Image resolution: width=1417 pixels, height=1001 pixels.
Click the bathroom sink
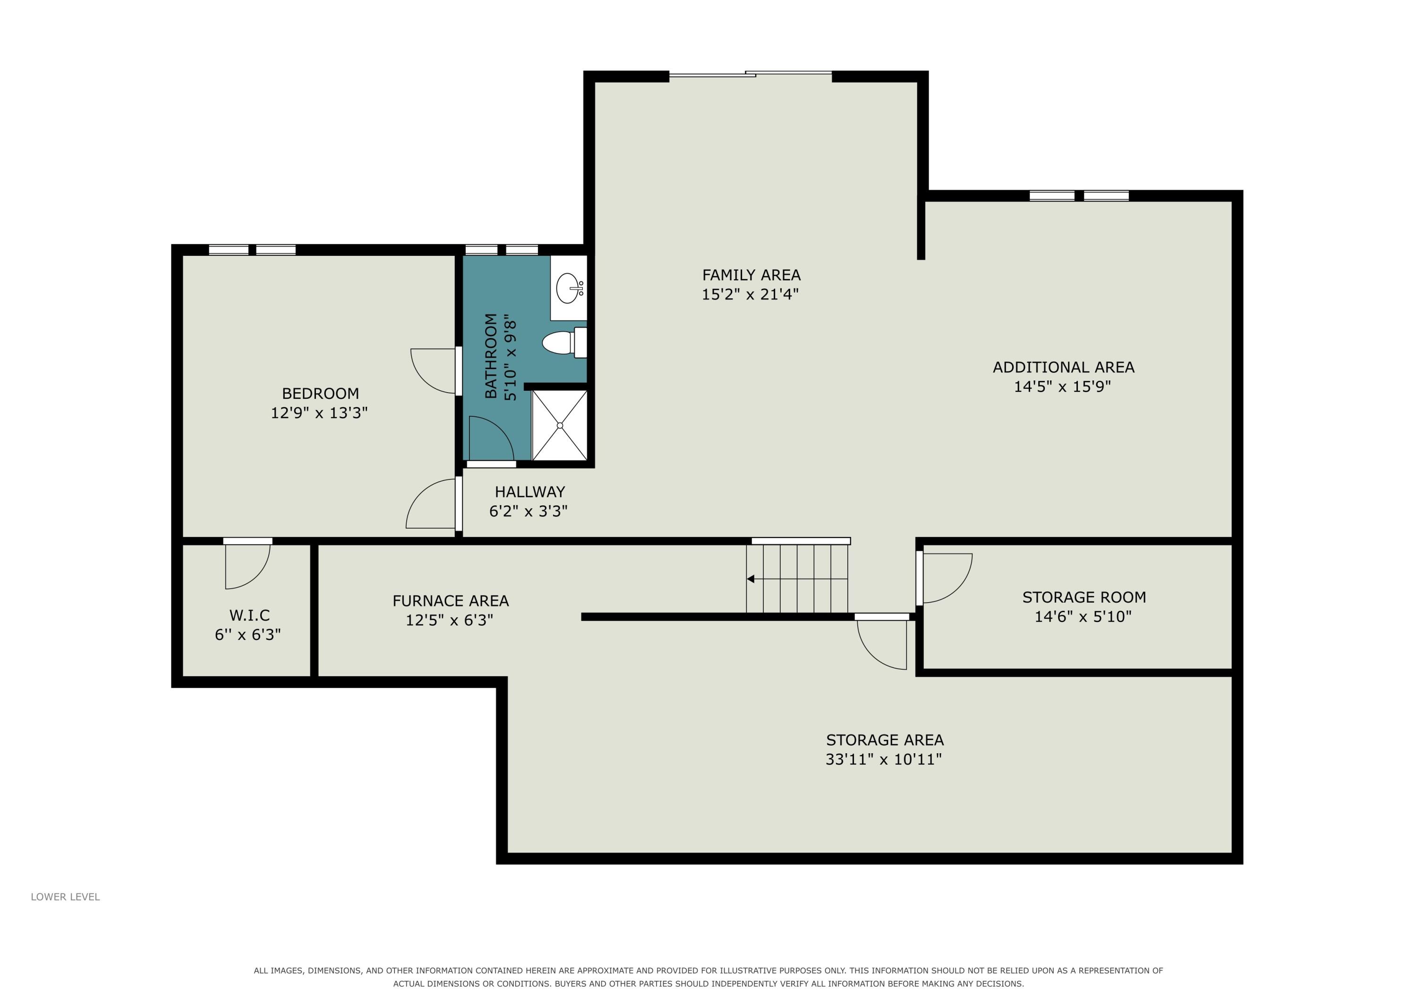pyautogui.click(x=568, y=287)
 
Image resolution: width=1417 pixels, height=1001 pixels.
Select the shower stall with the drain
pyautogui.click(x=560, y=425)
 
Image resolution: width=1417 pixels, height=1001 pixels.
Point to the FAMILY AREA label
pyautogui.click(x=751, y=275)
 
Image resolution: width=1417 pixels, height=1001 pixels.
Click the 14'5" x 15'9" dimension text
pyautogui.click(x=1062, y=387)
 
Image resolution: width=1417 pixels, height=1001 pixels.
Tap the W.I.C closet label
pyautogui.click(x=249, y=615)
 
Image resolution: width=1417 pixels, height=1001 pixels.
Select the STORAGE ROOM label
pyautogui.click(x=1084, y=597)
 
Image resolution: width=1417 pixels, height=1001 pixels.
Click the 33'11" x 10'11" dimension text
pyautogui.click(x=884, y=759)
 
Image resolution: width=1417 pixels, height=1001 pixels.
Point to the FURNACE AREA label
pyautogui.click(x=451, y=601)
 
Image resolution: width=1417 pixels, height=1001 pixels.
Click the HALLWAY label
pyautogui.click(x=529, y=492)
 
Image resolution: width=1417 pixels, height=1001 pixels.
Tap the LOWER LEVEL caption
pyautogui.click(x=66, y=897)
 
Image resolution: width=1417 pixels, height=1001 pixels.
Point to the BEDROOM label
pyautogui.click(x=320, y=394)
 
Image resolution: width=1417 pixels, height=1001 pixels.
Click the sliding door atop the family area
pyautogui.click(x=751, y=74)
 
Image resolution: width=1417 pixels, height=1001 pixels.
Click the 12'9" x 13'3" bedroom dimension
pyautogui.click(x=319, y=412)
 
